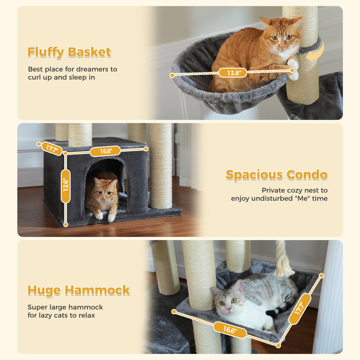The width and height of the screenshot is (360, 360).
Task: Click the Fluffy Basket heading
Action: [69, 52]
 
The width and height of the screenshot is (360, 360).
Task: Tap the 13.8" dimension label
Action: [233, 73]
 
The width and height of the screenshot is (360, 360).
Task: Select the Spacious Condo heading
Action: [276, 175]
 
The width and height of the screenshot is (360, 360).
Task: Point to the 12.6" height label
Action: [66, 186]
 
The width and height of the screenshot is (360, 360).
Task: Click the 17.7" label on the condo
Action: [52, 148]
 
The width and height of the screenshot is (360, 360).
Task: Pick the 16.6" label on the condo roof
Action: [105, 151]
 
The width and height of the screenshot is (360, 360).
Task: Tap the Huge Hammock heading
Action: [78, 290]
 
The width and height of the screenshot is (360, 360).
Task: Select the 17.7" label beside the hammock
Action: [300, 309]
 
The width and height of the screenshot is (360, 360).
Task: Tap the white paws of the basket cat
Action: [293, 70]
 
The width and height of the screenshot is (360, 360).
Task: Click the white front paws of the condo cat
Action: [105, 216]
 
